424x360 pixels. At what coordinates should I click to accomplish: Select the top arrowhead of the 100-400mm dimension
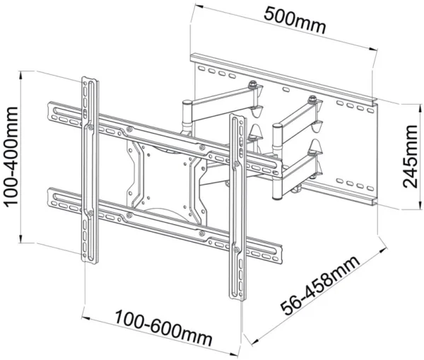tap(25, 74)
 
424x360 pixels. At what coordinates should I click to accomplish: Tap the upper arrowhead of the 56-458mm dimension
tap(382, 247)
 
